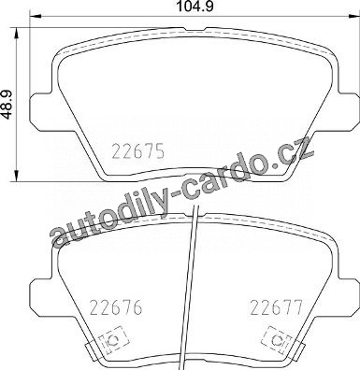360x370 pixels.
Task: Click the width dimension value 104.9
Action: [x=194, y=7]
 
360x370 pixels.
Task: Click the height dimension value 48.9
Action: [x=8, y=104]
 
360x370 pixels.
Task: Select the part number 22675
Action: [x=138, y=152]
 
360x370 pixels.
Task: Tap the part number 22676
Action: [x=116, y=307]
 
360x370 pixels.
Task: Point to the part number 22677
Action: [x=277, y=307]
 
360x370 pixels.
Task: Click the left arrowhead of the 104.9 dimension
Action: [x=36, y=16]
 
